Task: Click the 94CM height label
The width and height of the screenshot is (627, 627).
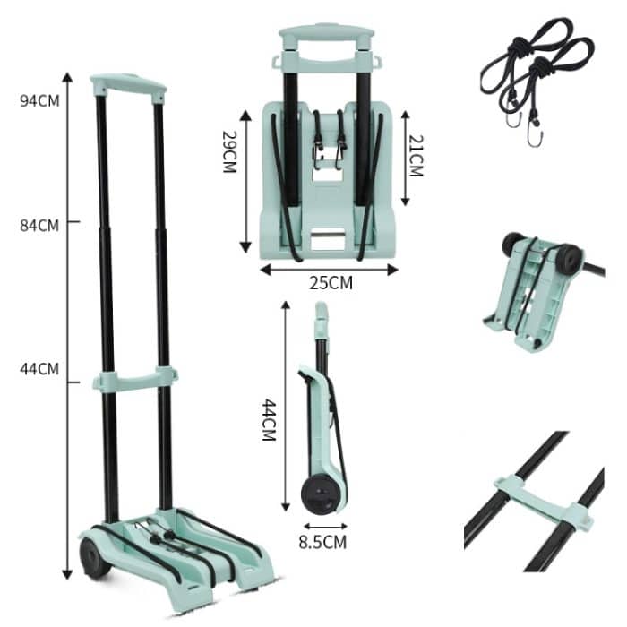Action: (x=40, y=100)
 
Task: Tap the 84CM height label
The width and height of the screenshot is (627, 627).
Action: (x=40, y=225)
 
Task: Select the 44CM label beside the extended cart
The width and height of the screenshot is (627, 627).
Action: (x=40, y=368)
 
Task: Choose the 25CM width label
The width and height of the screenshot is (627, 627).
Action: (x=331, y=283)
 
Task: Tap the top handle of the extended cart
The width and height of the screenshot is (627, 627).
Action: (x=128, y=87)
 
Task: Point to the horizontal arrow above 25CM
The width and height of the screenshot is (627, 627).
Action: (x=329, y=267)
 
